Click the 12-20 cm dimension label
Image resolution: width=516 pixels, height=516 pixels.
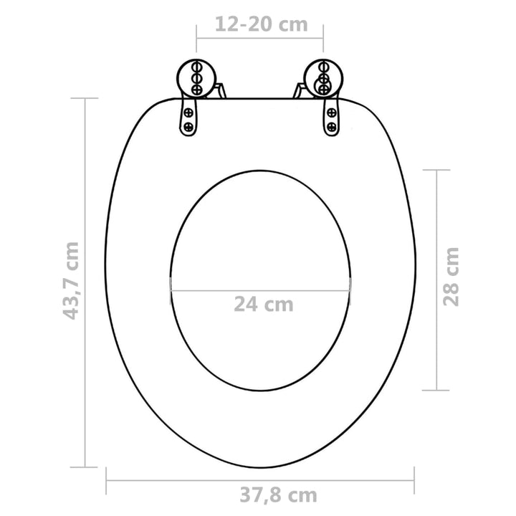pyautogui.click(x=262, y=24)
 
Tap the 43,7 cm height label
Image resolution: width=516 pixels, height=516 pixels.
pyautogui.click(x=71, y=281)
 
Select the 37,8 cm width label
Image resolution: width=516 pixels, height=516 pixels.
pyautogui.click(x=278, y=495)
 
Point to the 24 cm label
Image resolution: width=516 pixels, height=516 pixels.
pyautogui.click(x=263, y=305)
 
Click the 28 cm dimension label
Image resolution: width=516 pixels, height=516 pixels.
pyautogui.click(x=451, y=277)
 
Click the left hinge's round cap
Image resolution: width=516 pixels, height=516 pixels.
pyautogui.click(x=196, y=78)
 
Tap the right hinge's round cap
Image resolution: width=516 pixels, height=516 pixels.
pyautogui.click(x=323, y=78)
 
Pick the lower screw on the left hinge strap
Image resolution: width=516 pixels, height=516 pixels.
pyautogui.click(x=188, y=126)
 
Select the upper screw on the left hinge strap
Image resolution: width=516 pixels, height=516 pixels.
pyautogui.click(x=188, y=113)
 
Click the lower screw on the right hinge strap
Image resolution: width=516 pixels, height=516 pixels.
pyautogui.click(x=331, y=126)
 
